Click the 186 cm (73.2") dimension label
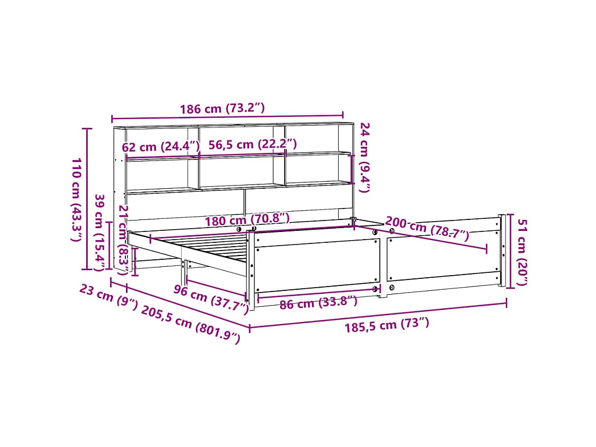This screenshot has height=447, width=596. (x=222, y=109)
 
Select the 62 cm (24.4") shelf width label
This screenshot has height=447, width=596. (x=161, y=147)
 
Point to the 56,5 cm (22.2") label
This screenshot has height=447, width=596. (x=252, y=144)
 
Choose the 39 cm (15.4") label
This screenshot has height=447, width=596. (x=100, y=232)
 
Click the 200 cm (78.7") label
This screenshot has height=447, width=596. (x=427, y=228)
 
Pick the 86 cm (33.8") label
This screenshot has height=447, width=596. (x=318, y=302)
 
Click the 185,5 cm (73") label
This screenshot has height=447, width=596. (x=387, y=325)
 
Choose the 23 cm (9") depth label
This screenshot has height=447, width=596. (x=109, y=297)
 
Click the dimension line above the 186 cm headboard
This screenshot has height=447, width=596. (x=227, y=117)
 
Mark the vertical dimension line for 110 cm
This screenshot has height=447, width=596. (x=86, y=199)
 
